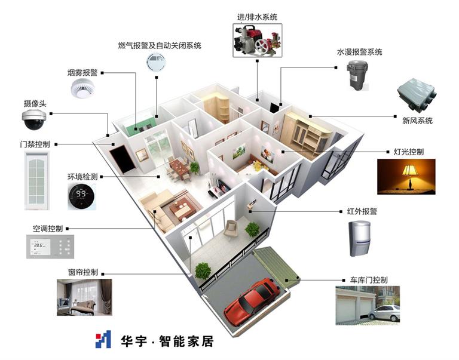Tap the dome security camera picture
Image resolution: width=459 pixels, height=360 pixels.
tap(33, 119)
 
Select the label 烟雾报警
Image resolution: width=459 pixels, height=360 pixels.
tap(82, 73)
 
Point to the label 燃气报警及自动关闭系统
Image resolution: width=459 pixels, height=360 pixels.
tap(160, 45)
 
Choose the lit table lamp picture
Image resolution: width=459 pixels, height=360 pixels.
tap(406, 176)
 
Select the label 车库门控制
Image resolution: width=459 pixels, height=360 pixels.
tap(365, 279)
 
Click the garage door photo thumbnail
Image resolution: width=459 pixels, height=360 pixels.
tap(368, 305)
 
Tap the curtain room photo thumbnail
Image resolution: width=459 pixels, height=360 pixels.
tap(84, 297)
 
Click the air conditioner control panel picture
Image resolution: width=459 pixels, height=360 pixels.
tap(51, 246)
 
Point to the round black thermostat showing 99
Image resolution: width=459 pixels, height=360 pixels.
tap(82, 195)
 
